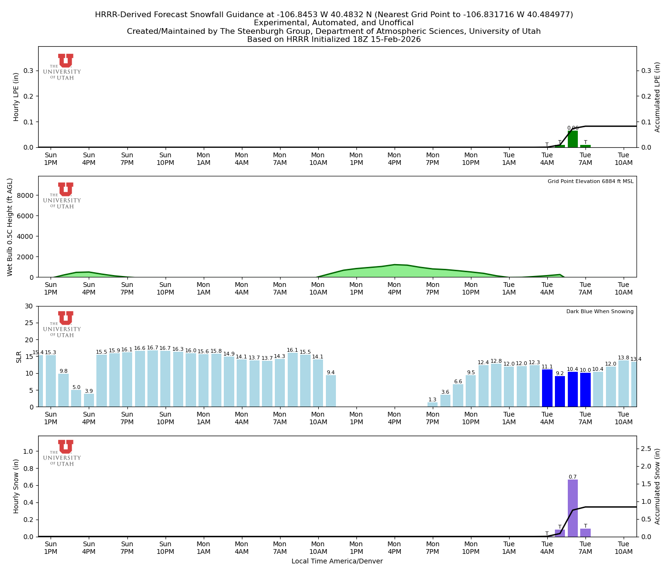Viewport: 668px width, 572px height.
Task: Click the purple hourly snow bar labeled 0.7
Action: tap(573, 508)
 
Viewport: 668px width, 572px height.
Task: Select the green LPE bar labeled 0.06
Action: tap(573, 139)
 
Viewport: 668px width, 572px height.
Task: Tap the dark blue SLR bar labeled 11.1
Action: tap(547, 388)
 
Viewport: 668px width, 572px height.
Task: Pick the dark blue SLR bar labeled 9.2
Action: tap(560, 391)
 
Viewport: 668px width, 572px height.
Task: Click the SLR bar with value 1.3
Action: tap(432, 405)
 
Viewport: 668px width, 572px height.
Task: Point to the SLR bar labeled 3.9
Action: tap(89, 400)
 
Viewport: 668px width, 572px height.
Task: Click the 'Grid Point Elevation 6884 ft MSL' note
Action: tap(590, 182)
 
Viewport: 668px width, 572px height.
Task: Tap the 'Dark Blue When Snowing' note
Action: tap(600, 312)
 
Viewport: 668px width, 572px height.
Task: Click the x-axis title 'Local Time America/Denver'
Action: tap(337, 561)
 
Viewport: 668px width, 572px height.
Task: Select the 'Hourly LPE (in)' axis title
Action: tap(16, 97)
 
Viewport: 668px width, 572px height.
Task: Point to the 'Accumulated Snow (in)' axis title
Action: tap(658, 486)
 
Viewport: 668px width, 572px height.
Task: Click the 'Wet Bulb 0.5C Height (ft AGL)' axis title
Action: tap(10, 227)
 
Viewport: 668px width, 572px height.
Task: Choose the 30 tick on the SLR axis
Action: tap(30, 306)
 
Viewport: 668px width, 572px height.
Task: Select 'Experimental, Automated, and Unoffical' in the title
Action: tap(334, 23)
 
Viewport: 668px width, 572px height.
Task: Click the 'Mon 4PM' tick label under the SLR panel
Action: tap(394, 419)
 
